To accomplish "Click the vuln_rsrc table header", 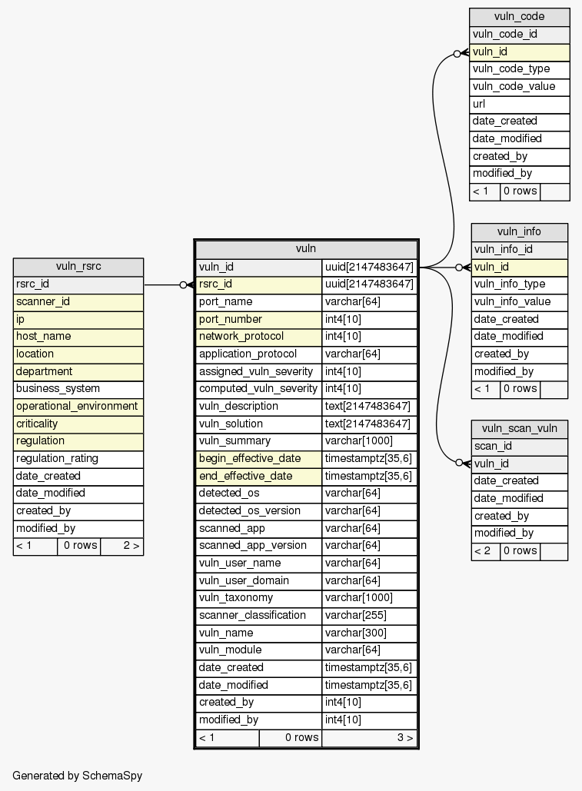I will tap(78, 267).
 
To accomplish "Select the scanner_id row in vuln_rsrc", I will tap(78, 301).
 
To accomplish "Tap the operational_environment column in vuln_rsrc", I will tap(78, 406).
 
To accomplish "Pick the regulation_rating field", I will tap(78, 458).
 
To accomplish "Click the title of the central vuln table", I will tap(306, 249).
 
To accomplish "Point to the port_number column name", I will tap(258, 319).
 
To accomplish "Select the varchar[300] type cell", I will tap(370, 633).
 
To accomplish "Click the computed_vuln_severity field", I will tap(258, 389).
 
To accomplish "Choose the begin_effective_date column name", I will tap(258, 458).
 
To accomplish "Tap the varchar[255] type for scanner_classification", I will tap(370, 615).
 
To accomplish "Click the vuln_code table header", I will tap(519, 17).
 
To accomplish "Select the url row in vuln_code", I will tap(519, 104).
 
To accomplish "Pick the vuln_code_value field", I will tap(519, 86).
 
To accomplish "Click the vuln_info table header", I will tap(519, 231).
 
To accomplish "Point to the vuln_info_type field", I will tap(519, 284).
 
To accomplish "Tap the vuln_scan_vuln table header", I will tap(519, 428).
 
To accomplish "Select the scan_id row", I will tap(519, 446).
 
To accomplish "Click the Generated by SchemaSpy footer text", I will tap(78, 776).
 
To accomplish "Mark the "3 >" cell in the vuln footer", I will tap(370, 738).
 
